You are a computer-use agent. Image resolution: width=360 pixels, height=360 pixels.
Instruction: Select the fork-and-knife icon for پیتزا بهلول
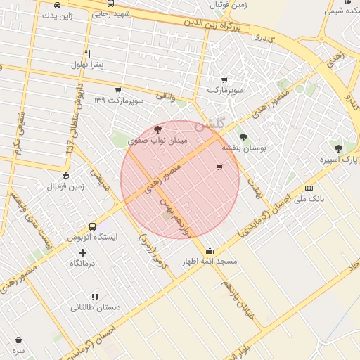tap(87, 53)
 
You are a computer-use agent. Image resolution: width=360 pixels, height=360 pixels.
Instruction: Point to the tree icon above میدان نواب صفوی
tap(157, 129)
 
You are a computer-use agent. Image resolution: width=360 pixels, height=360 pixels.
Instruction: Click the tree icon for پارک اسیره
tap(338, 148)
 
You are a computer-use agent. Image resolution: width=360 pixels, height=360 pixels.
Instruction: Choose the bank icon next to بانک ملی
tap(309, 188)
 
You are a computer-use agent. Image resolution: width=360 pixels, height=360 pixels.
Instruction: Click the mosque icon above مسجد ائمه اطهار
tap(210, 250)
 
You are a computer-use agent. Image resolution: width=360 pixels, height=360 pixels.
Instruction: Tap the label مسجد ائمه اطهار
tap(210, 262)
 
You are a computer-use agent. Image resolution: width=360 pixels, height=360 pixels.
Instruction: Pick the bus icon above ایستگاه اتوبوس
tap(92, 226)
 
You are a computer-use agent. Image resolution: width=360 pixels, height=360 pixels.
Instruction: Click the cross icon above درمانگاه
tap(83, 252)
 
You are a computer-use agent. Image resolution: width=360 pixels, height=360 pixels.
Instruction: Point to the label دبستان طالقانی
tap(95, 308)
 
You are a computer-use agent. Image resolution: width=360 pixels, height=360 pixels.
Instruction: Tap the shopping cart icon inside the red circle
tap(220, 167)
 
